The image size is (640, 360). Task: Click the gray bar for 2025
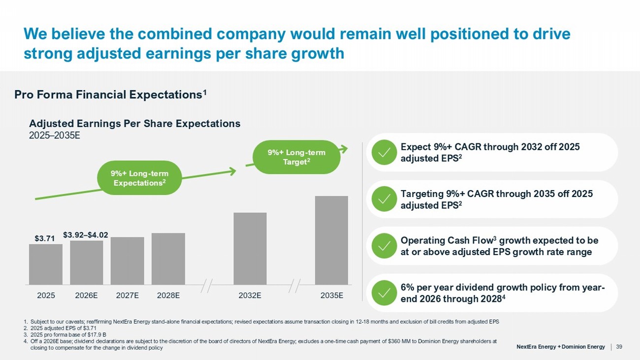(x=46, y=264)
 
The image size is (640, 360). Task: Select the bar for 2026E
(x=87, y=262)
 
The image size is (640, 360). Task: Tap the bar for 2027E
(x=128, y=261)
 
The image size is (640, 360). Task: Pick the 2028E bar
(x=168, y=259)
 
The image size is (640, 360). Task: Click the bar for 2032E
(x=250, y=249)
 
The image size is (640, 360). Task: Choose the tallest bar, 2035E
(x=331, y=240)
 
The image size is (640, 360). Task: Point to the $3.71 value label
(x=45, y=238)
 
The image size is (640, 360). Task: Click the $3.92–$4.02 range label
(x=86, y=235)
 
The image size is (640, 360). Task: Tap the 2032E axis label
(x=250, y=295)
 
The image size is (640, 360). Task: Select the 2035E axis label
(x=332, y=295)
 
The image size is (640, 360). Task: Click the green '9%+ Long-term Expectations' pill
(x=139, y=178)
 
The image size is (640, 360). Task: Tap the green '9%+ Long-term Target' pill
(x=296, y=157)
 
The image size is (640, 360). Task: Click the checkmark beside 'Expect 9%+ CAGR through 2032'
(x=384, y=152)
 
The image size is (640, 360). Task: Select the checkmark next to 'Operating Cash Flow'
(x=384, y=246)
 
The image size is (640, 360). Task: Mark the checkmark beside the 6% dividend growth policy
(x=384, y=293)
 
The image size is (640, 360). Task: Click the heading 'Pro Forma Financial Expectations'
(x=110, y=95)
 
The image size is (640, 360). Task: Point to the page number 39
(x=619, y=347)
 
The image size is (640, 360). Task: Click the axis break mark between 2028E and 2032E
(x=206, y=286)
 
